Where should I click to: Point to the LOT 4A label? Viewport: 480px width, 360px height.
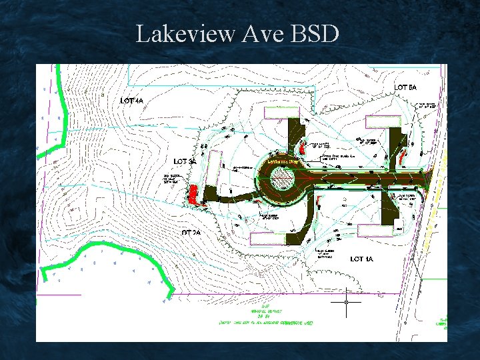pyautogui.click(x=132, y=101)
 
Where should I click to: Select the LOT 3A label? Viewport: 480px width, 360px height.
pyautogui.click(x=185, y=161)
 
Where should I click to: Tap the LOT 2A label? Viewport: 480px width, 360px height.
pyautogui.click(x=191, y=233)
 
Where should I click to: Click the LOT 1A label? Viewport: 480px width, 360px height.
pyautogui.click(x=361, y=258)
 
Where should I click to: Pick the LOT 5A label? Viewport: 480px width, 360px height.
pyautogui.click(x=406, y=87)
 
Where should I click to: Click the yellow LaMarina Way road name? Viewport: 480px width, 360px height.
pyautogui.click(x=281, y=161)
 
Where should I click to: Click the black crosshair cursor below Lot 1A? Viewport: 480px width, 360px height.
pyautogui.click(x=347, y=302)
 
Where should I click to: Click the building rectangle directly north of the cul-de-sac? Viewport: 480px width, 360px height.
pyautogui.click(x=278, y=113)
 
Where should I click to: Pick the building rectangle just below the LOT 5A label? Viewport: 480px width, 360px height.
pyautogui.click(x=382, y=121)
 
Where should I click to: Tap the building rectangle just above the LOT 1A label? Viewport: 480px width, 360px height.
pyautogui.click(x=375, y=230)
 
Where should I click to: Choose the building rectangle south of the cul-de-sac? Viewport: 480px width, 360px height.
pyautogui.click(x=269, y=238)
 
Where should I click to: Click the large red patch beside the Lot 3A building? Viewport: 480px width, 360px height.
pyautogui.click(x=193, y=193)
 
